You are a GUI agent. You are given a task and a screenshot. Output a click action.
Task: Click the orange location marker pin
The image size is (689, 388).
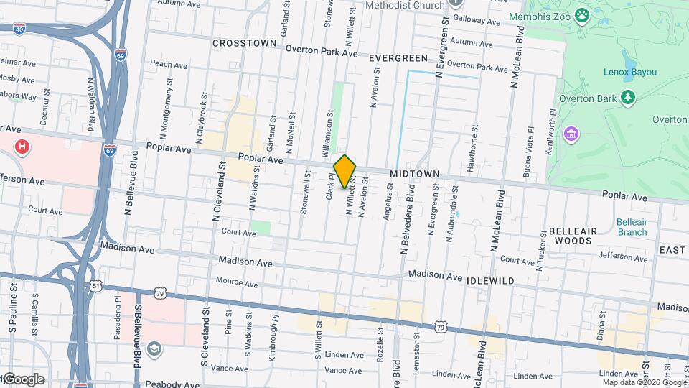click(345, 171)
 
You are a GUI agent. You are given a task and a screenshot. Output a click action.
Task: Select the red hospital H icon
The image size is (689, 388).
click(23, 147)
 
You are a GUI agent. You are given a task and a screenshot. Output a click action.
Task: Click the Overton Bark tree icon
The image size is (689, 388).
click(629, 96)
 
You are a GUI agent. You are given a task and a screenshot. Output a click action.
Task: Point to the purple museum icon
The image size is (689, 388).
click(571, 134)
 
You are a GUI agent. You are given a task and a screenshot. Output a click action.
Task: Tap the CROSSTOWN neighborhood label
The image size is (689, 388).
click(245, 43)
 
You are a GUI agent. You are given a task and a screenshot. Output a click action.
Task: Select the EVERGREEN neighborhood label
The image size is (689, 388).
click(398, 58)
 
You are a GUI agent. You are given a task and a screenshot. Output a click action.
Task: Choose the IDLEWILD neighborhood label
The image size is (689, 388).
click(490, 281)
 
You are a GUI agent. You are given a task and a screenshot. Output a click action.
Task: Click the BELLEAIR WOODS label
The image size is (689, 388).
click(571, 236)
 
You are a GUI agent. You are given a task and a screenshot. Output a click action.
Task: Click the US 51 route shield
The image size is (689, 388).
click(95, 285)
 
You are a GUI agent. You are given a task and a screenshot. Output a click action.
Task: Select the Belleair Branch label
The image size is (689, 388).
click(632, 227)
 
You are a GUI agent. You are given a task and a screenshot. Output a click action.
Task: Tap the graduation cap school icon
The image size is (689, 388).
click(153, 349)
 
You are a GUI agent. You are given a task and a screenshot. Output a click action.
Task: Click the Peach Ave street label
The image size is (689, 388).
click(169, 65)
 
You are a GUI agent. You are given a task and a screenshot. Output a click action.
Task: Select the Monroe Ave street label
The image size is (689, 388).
click(237, 284)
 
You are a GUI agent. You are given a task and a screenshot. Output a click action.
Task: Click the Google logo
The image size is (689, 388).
click(24, 379)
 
